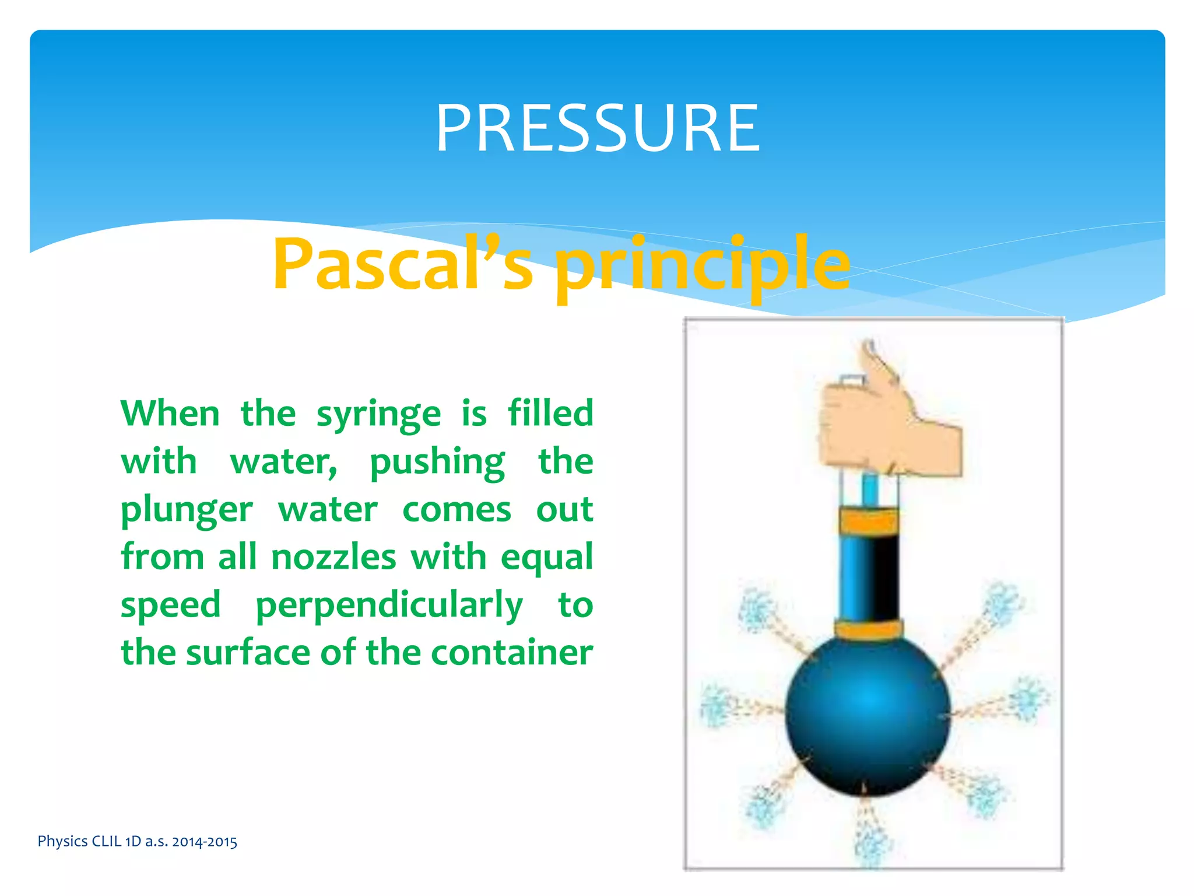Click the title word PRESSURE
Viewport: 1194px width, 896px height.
tap(598, 128)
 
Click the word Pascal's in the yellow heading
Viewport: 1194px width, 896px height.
tap(402, 264)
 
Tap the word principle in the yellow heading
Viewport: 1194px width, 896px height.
tap(702, 265)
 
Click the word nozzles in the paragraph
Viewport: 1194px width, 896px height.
tap(333, 558)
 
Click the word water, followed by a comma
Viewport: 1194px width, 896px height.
tap(283, 463)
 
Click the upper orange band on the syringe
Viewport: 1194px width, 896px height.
tap(869, 521)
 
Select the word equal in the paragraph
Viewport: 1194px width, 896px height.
tap(546, 558)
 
